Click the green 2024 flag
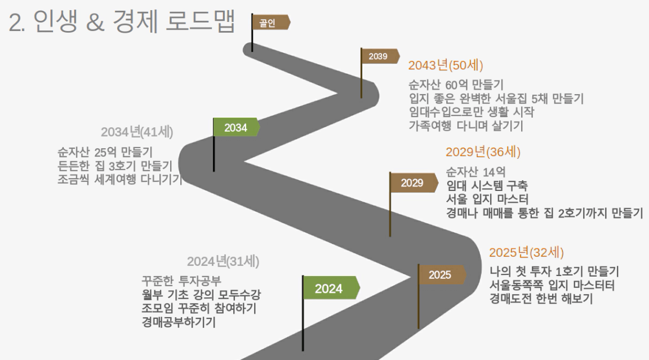pos(331,287)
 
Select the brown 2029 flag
pos(414,183)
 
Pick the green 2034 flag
pos(237,127)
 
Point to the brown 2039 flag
pos(380,56)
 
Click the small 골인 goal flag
pos(270,23)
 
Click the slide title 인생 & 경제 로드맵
pos(134,21)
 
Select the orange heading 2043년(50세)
pos(446,65)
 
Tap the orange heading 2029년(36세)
pos(483,152)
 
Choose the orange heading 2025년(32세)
pos(527,252)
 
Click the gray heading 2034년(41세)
pos(137,132)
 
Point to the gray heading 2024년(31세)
pos(223,261)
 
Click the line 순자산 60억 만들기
pos(456,85)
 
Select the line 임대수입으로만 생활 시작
pos(472,112)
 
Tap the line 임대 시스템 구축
pos(487,185)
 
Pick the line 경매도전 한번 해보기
pos(541,299)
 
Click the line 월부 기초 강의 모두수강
pos(201,295)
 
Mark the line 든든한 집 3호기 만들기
pos(115,166)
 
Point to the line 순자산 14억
pos(476,172)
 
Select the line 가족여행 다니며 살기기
pos(466,126)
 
